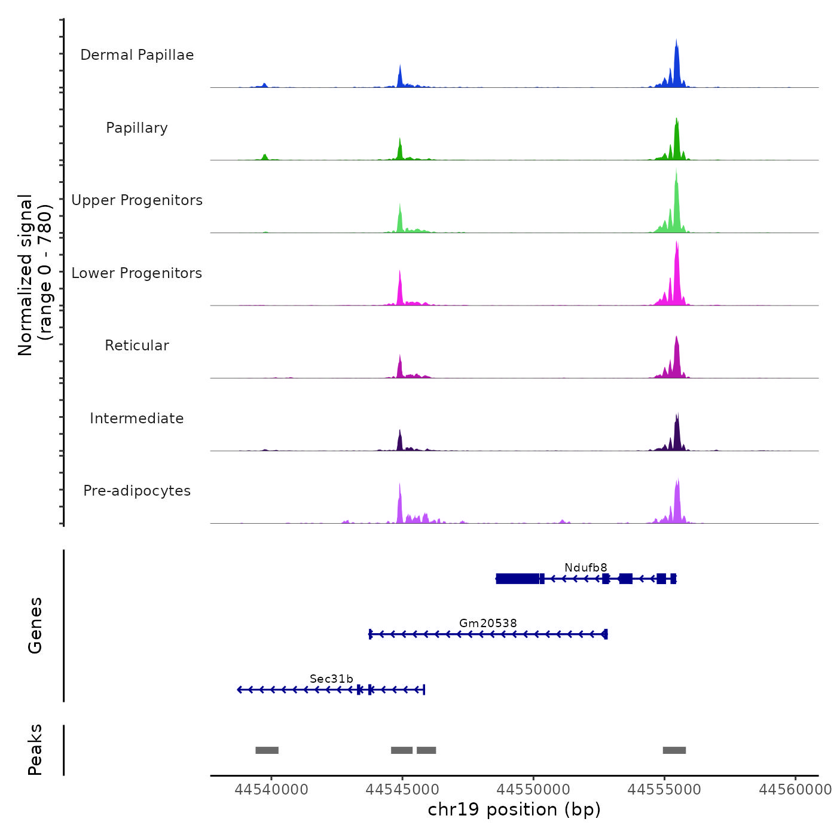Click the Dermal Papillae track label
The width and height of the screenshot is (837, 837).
(x=137, y=55)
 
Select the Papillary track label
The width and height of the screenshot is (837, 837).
(x=137, y=128)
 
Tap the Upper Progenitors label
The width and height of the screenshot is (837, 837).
(x=137, y=200)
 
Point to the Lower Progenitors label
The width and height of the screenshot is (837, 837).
(x=137, y=273)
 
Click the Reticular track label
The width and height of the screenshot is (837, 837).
(x=137, y=346)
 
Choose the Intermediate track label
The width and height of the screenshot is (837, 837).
(x=137, y=418)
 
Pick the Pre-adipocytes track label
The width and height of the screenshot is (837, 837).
(x=137, y=491)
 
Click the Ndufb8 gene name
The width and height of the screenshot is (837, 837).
(x=586, y=567)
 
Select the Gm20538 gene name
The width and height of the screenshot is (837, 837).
(x=488, y=623)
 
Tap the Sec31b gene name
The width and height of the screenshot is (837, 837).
(x=331, y=679)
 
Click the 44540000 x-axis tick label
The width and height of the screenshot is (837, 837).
(x=271, y=790)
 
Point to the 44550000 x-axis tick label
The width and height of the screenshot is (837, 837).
(x=533, y=790)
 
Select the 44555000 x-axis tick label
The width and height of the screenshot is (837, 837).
(x=664, y=790)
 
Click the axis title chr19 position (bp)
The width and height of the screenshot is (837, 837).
(x=514, y=809)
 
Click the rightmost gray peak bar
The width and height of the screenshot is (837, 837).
(x=674, y=750)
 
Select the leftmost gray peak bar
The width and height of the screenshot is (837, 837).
(x=267, y=750)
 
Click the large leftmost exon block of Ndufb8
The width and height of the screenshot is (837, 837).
(x=518, y=579)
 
